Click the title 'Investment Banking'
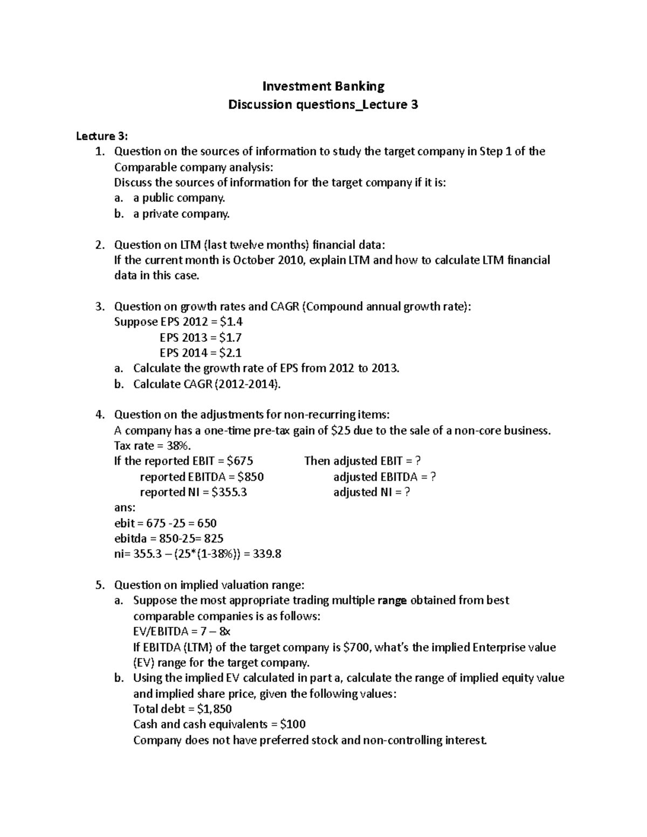click(x=323, y=86)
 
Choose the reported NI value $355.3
click(x=229, y=492)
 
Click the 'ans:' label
click(x=125, y=508)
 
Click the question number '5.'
click(x=99, y=585)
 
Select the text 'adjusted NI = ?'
click(x=371, y=492)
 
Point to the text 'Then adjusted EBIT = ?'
click(x=362, y=461)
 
